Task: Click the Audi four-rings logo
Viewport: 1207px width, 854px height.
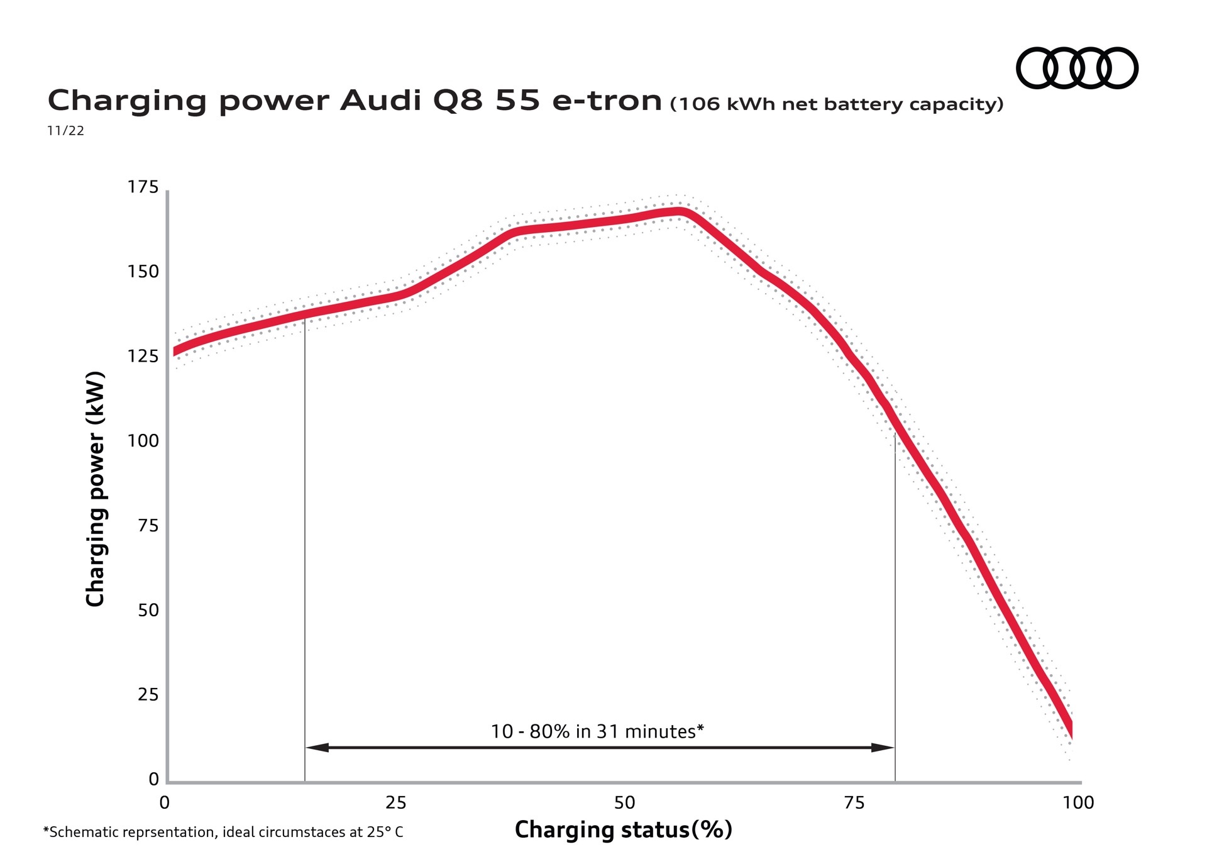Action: pos(1077,68)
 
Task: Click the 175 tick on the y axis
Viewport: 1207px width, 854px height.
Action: pos(143,187)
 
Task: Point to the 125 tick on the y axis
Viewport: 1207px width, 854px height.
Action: pos(143,356)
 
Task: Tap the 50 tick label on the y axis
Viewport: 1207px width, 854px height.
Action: pos(148,610)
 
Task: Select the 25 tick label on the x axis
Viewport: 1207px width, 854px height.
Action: pos(396,802)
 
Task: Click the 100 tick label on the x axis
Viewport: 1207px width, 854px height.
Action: pos(1078,802)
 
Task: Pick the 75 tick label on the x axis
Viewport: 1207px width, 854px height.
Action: pos(854,802)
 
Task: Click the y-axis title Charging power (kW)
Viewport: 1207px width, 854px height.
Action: pos(95,489)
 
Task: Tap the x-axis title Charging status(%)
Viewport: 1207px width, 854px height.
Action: pos(623,829)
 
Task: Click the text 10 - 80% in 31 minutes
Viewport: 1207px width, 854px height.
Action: pos(597,731)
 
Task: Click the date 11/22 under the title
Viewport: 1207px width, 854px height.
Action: pos(65,131)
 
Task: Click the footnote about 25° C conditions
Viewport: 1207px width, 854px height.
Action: pos(223,832)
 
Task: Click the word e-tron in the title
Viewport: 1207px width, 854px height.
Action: pos(607,101)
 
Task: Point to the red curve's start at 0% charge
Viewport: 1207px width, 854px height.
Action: pos(176,351)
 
